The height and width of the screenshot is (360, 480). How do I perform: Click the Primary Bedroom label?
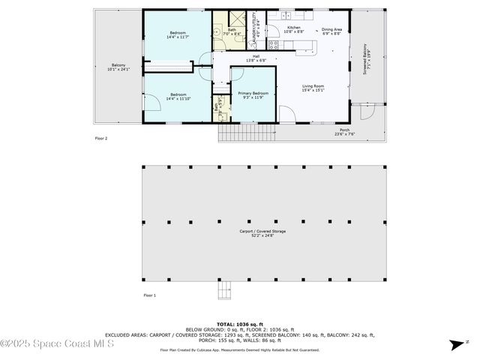[253, 94]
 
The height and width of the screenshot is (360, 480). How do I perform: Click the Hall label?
[255, 58]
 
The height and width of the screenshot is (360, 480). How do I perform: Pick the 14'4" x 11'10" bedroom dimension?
[178, 98]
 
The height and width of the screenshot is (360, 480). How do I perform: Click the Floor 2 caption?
[101, 138]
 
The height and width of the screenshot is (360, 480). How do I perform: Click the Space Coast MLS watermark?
[56, 344]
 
